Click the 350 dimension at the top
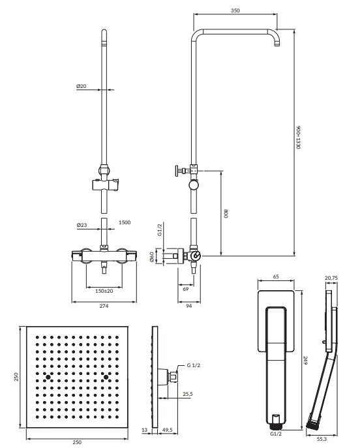coord(235,10)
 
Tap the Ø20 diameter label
coord(82,86)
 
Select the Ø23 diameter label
coord(82,225)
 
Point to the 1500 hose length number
coord(125,222)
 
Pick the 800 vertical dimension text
coord(226,214)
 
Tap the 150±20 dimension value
coord(104,291)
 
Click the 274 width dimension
coord(104,306)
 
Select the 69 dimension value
coord(186,289)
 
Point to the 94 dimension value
coord(189,306)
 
